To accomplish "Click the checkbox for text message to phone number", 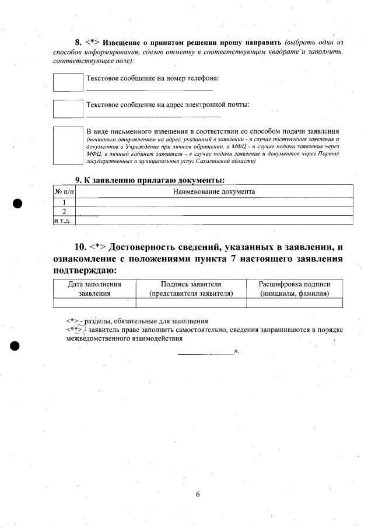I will pos(68,82).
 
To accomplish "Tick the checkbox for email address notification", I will pos(68,109).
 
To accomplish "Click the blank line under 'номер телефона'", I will pos(149,90).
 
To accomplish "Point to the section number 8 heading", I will pos(78,43).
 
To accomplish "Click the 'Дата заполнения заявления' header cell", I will pos(94,289).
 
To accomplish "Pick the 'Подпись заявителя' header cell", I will pos(191,289).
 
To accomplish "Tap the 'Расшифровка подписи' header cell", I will pos(295,289).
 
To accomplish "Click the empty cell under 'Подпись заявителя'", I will pos(191,303).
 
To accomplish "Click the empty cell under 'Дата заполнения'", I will pos(94,303).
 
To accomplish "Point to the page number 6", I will pos(198,495).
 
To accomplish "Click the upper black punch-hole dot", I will pos(18,204).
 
